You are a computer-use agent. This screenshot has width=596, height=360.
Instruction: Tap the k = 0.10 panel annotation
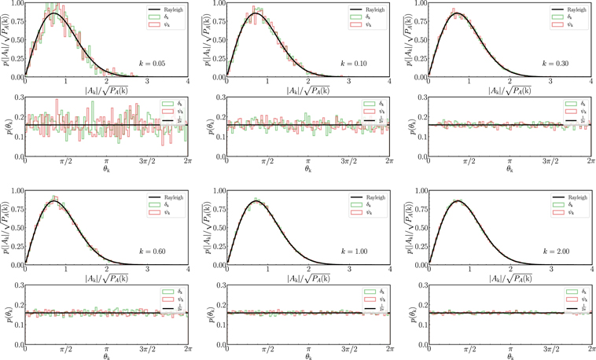click(362, 61)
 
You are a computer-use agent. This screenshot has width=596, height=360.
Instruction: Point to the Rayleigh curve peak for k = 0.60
click(54, 201)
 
